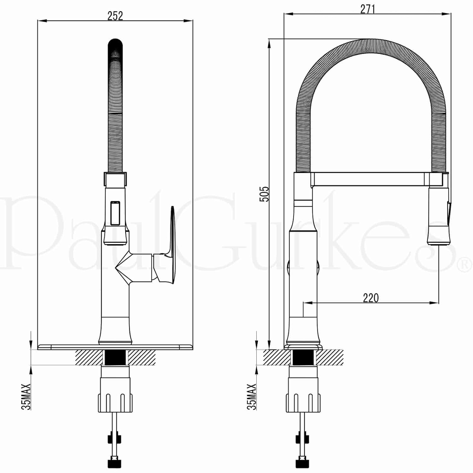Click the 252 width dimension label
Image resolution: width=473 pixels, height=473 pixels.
point(115,16)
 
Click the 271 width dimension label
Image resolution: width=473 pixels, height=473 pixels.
point(368,9)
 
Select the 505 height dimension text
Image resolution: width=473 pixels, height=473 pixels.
point(265,194)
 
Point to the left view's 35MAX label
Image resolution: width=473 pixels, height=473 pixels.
point(26,396)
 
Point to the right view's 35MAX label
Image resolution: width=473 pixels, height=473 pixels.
point(252,396)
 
